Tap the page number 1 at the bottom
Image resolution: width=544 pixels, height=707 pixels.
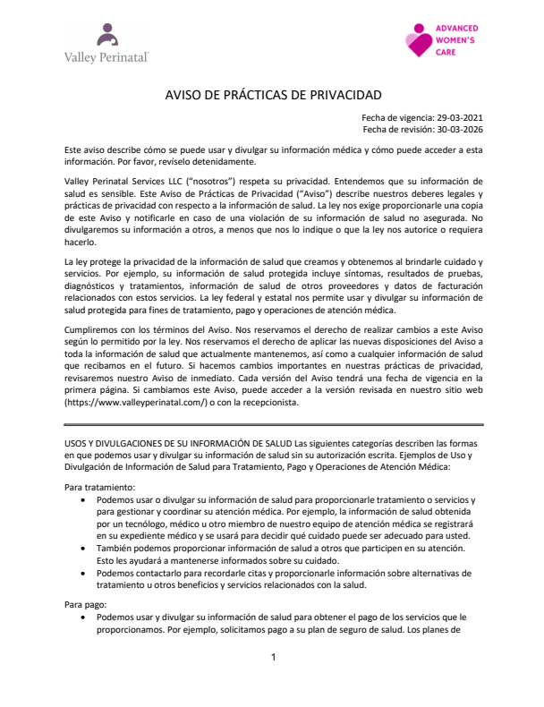pos(274,658)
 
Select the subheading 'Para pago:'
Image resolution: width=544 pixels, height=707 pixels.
pos(85,605)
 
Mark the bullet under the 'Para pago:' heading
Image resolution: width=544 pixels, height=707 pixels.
pos(84,618)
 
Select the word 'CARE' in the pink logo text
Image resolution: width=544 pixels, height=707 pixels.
pos(446,53)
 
